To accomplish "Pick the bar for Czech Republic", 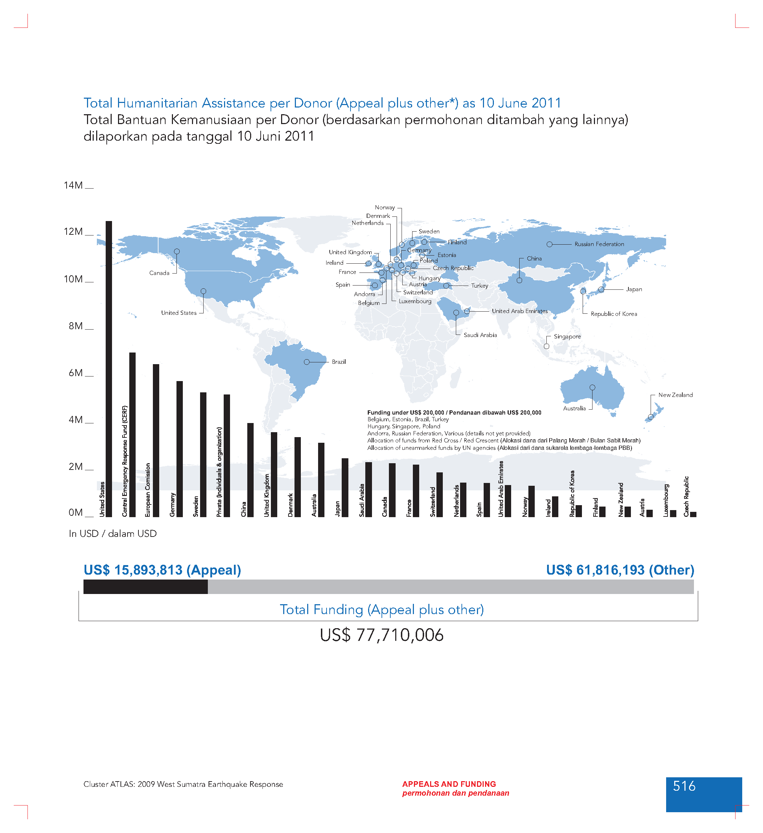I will (693, 514).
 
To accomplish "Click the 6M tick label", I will (75, 373).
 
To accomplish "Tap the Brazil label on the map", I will (339, 362).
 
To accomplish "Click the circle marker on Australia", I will (593, 387).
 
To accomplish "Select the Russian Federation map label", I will (599, 244).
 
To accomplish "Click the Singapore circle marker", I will (547, 346).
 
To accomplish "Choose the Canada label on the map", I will (159, 273).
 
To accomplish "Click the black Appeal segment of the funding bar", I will (145, 587).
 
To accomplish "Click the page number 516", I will (684, 786).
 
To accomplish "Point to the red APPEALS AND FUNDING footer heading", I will (449, 784).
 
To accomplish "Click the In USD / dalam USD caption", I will (113, 534).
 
